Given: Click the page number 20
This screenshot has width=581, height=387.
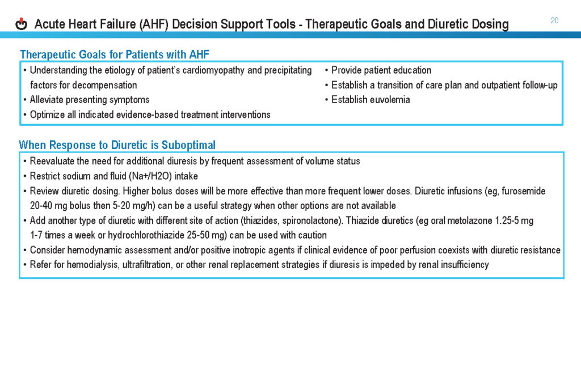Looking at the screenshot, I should click(554, 20).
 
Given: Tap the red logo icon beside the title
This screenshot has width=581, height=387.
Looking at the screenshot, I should click(22, 24).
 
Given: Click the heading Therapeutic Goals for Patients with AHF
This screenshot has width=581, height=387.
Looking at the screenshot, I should click(115, 54).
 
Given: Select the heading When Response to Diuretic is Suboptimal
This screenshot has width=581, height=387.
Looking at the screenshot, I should click(117, 145).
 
